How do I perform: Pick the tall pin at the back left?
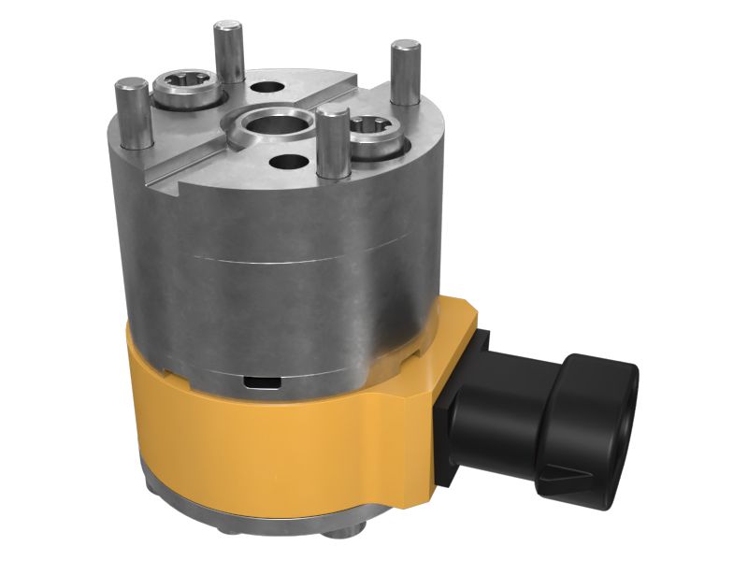tap(228, 52)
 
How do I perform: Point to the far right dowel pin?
tap(404, 72)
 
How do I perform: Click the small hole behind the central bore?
tap(268, 88)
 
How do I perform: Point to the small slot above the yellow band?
tap(260, 381)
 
